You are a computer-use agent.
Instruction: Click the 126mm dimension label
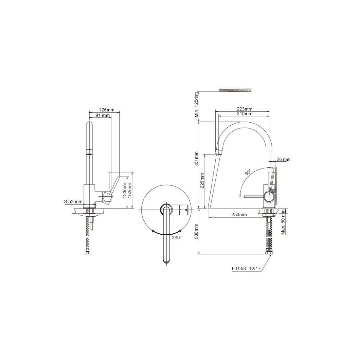tap(106, 110)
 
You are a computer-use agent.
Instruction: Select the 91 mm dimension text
tap(102, 115)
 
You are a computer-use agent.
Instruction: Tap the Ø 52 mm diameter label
tap(73, 202)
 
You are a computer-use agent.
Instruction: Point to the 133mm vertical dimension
tap(125, 190)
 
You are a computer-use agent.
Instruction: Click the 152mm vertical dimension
tap(130, 190)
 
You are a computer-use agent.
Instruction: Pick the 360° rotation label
tap(177, 238)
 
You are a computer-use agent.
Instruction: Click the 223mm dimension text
tap(245, 109)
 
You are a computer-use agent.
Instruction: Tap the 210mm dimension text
tap(245, 114)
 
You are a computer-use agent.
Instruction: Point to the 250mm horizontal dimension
tap(239, 215)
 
